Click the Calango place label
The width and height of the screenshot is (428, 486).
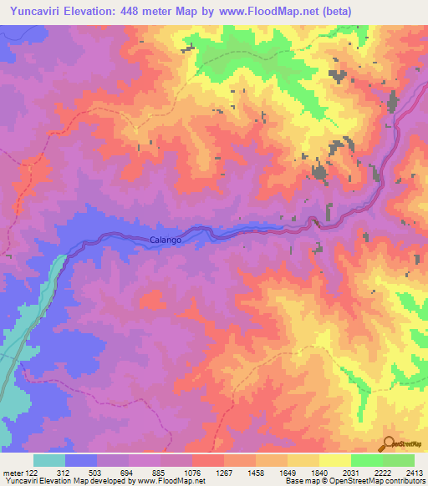(x=166, y=240)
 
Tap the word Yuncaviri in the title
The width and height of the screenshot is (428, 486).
(x=35, y=12)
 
